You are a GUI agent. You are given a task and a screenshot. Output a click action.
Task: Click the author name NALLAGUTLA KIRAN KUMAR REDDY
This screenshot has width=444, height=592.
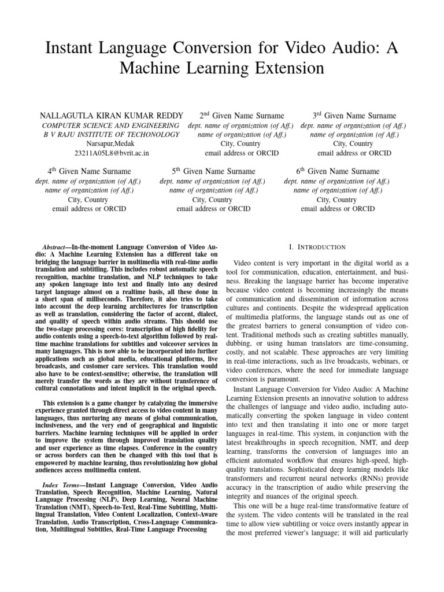pyautogui.click(x=112, y=116)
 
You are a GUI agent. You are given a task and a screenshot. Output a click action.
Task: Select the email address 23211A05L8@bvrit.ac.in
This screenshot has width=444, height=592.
pyautogui.click(x=112, y=153)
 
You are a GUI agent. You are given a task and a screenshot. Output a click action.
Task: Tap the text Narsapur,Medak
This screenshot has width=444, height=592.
pyautogui.click(x=112, y=144)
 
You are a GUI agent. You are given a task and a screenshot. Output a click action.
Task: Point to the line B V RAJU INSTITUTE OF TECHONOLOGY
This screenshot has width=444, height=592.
pyautogui.click(x=112, y=135)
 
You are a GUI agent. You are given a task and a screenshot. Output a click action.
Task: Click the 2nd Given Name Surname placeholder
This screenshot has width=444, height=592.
pyautogui.click(x=242, y=116)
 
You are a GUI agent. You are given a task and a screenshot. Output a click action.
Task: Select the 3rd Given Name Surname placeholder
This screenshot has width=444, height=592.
pyautogui.click(x=354, y=116)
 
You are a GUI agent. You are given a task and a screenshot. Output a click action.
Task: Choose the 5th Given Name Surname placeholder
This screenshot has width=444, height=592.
pyautogui.click(x=213, y=171)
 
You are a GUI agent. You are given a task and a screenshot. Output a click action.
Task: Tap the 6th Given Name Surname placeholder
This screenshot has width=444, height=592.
pyautogui.click(x=338, y=171)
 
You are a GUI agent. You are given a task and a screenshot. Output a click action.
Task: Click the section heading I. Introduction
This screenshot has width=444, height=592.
pyautogui.click(x=317, y=247)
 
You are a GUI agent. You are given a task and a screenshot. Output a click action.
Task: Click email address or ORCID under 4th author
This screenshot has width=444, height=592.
pyautogui.click(x=88, y=209)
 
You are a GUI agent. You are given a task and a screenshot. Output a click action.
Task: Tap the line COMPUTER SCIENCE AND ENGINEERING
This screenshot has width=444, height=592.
pyautogui.click(x=112, y=125)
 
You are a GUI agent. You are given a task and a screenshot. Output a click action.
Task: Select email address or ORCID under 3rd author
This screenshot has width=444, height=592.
pyautogui.click(x=354, y=153)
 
